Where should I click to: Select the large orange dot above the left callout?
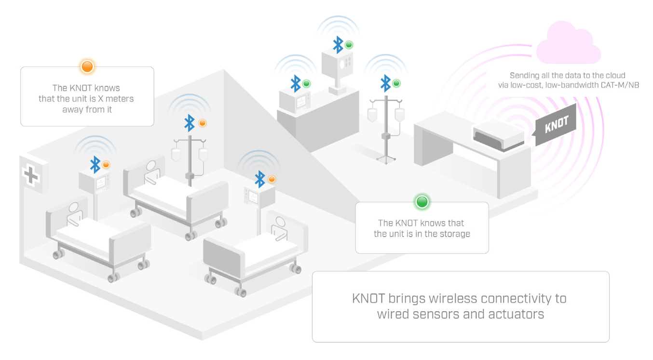point(87,66)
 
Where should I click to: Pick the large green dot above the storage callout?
point(422,201)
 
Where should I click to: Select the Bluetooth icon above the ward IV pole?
point(190,123)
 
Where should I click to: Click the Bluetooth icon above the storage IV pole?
point(385,83)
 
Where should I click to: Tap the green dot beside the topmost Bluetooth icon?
point(349,45)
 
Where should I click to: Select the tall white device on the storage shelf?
point(337,68)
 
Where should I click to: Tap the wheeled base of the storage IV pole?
point(386,157)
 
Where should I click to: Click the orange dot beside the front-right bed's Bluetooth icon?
point(272,179)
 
